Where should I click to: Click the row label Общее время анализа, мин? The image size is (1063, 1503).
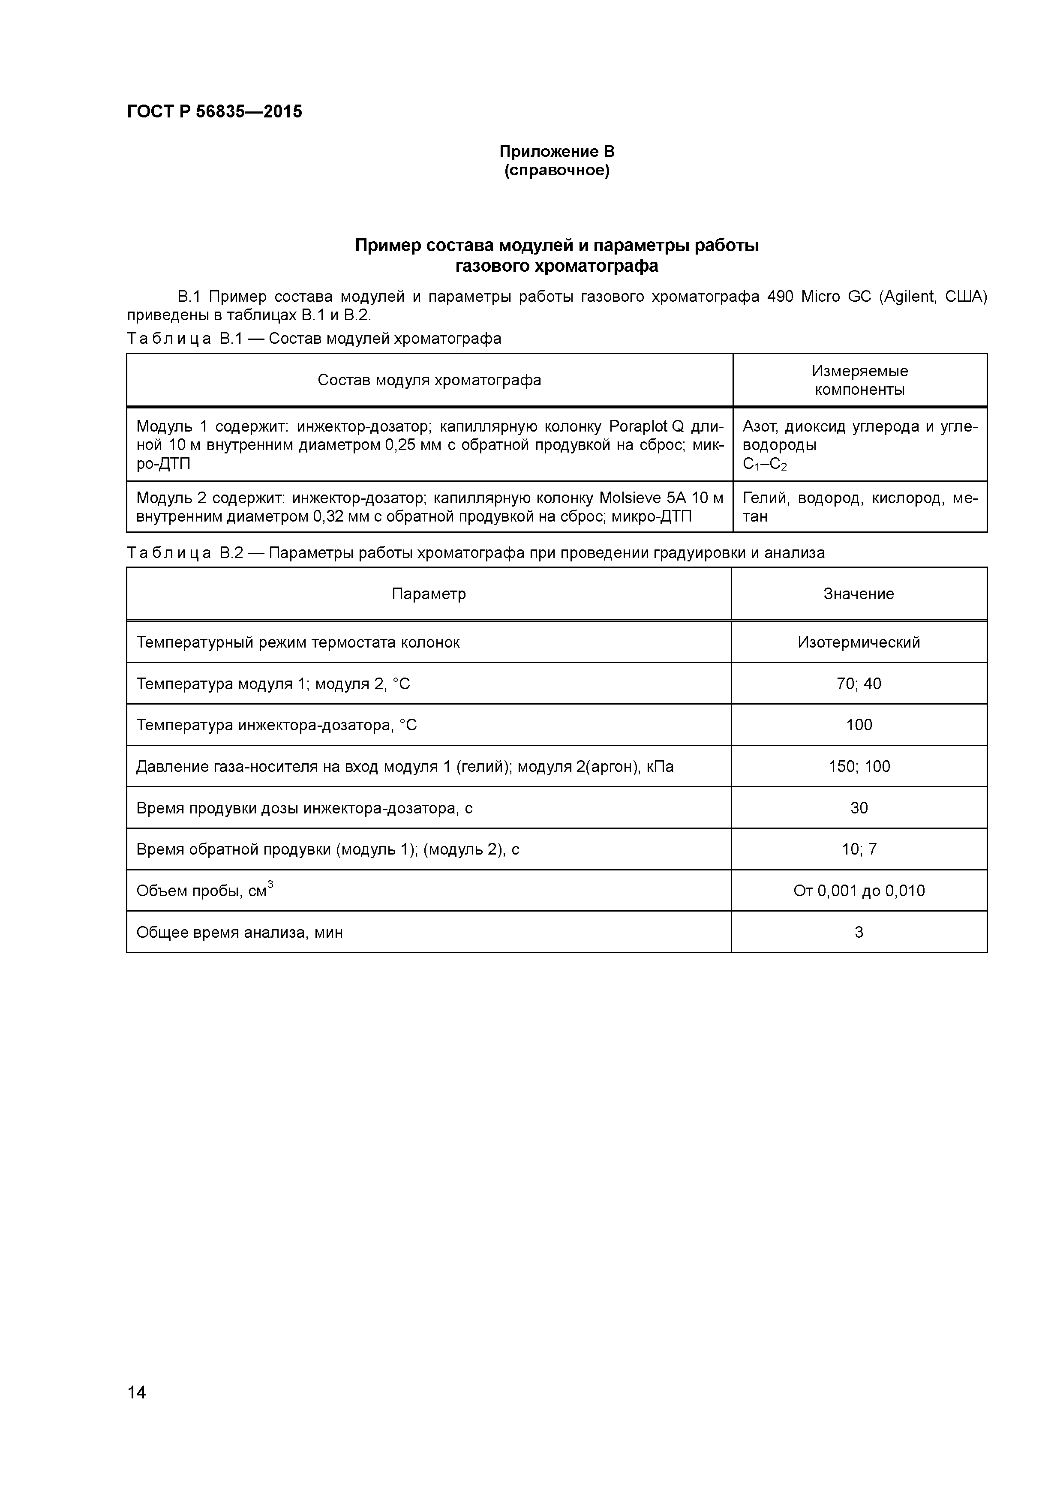tap(240, 932)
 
